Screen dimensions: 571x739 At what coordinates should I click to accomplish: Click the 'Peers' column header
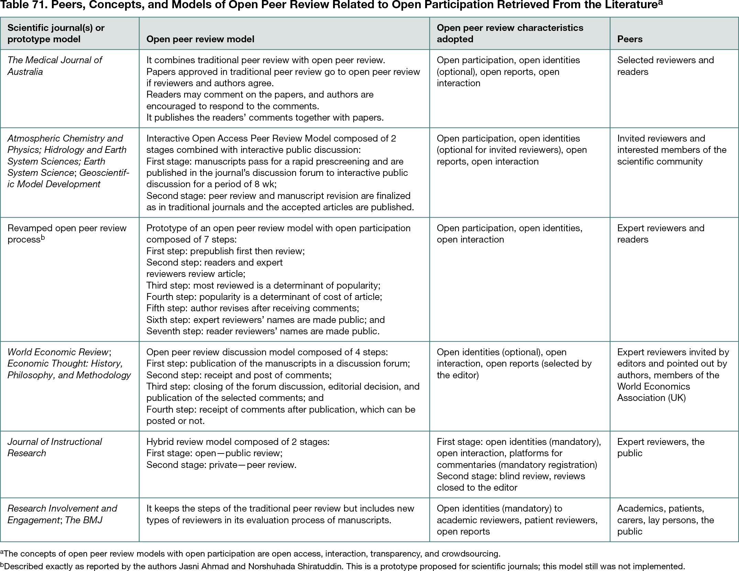click(630, 39)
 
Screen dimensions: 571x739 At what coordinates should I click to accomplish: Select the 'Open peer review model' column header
click(200, 39)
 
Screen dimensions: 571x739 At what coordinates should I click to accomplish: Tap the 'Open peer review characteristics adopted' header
click(510, 33)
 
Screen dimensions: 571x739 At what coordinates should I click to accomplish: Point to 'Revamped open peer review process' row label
click(67, 234)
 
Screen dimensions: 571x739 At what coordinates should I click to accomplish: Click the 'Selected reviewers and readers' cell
click(665, 66)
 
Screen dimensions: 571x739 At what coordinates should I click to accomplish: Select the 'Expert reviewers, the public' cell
click(660, 447)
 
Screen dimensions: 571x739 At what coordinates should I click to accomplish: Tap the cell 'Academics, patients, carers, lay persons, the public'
click(665, 520)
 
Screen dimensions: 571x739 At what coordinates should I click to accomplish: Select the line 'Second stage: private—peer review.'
click(221, 465)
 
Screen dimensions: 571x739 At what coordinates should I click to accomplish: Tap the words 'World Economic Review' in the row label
click(58, 352)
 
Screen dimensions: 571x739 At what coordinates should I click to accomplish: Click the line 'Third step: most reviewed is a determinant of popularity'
click(263, 285)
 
